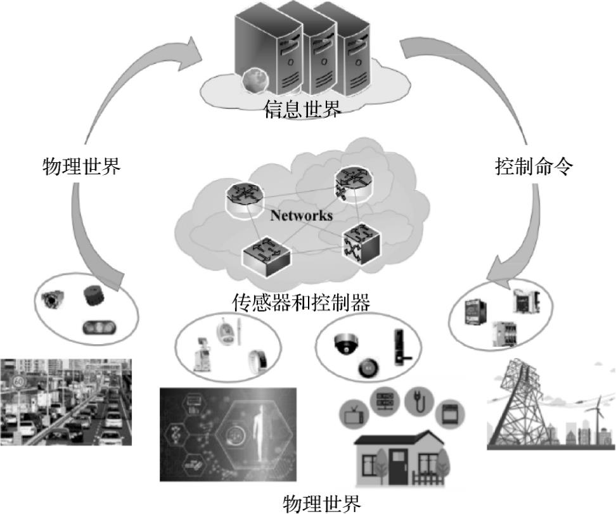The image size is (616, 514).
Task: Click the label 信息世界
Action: pyautogui.click(x=303, y=110)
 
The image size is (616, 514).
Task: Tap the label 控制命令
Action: pyautogui.click(x=534, y=167)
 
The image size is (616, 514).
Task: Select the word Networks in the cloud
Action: pyautogui.click(x=302, y=215)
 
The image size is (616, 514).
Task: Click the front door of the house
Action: pyautogui.click(x=399, y=466)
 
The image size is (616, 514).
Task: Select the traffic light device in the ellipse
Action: pyautogui.click(x=97, y=328)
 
